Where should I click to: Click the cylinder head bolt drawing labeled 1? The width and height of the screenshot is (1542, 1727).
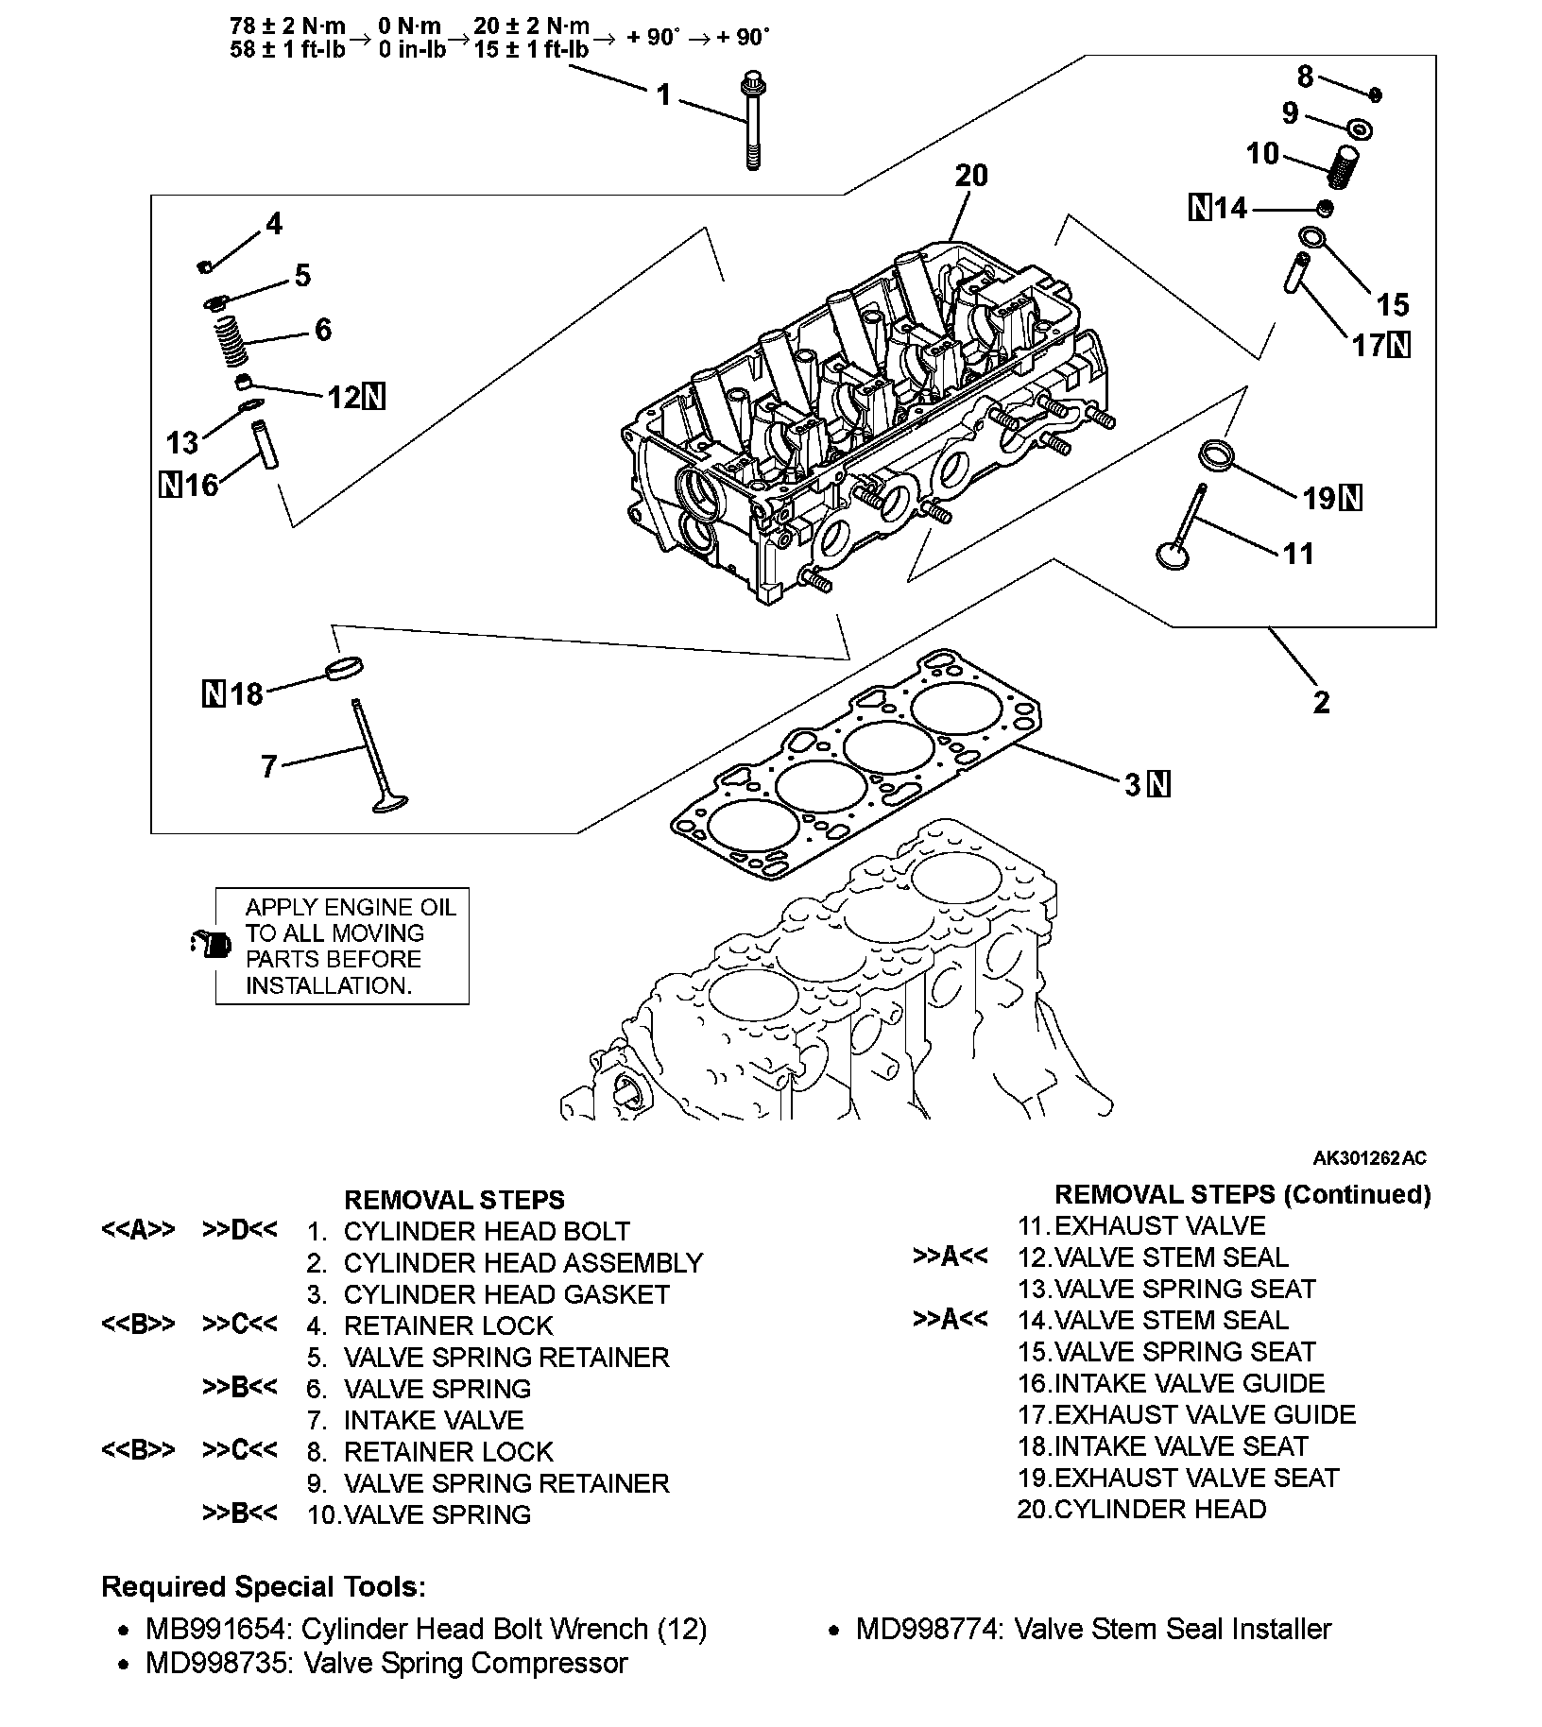coord(752,120)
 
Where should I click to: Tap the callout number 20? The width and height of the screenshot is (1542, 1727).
coord(971,176)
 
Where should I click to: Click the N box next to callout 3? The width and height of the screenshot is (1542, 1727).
coord(1159,784)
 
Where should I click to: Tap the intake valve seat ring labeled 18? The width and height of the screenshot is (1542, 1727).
coord(345,668)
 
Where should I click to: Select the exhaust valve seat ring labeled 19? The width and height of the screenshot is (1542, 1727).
coord(1216,453)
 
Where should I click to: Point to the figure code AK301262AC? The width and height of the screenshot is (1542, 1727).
coord(1369,1158)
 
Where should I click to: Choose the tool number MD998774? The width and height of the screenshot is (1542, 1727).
coord(928,1630)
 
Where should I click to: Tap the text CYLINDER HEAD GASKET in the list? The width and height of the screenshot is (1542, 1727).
coord(506,1294)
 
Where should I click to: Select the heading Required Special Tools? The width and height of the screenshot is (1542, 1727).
coord(264,1586)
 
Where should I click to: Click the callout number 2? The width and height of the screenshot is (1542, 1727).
coord(1321,702)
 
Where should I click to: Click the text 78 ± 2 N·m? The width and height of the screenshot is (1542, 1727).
coord(287,26)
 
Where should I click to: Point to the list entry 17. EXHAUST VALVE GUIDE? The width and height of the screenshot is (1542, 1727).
coord(1187,1414)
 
